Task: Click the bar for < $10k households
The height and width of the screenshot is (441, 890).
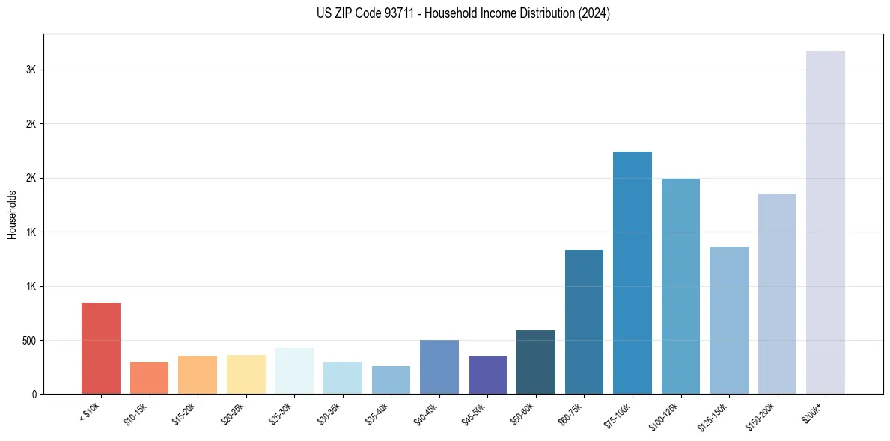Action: pos(101,348)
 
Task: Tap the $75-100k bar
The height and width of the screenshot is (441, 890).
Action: pos(633,273)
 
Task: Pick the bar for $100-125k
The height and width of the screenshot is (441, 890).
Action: pos(680,286)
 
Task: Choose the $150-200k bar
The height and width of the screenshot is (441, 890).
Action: pos(777,294)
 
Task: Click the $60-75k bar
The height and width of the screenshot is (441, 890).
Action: pos(584,321)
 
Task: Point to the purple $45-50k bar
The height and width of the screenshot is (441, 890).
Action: pos(487,374)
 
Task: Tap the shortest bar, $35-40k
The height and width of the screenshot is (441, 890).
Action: pos(391,380)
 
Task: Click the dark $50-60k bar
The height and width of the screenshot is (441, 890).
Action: pos(536,362)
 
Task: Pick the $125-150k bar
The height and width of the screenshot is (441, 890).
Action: pos(729,320)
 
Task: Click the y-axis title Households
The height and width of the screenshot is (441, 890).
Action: pos(13,215)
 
